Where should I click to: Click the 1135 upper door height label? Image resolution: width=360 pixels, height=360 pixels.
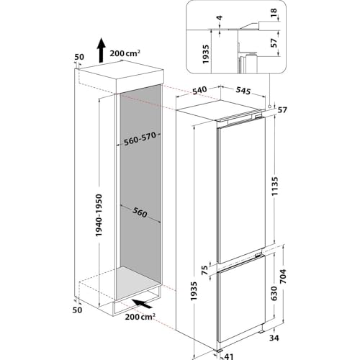coord(288,188)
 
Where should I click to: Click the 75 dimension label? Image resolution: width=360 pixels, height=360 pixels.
coord(204,270)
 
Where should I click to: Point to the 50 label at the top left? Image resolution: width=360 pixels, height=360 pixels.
coord(78,56)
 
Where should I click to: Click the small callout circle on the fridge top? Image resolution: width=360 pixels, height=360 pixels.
coord(269,107)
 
